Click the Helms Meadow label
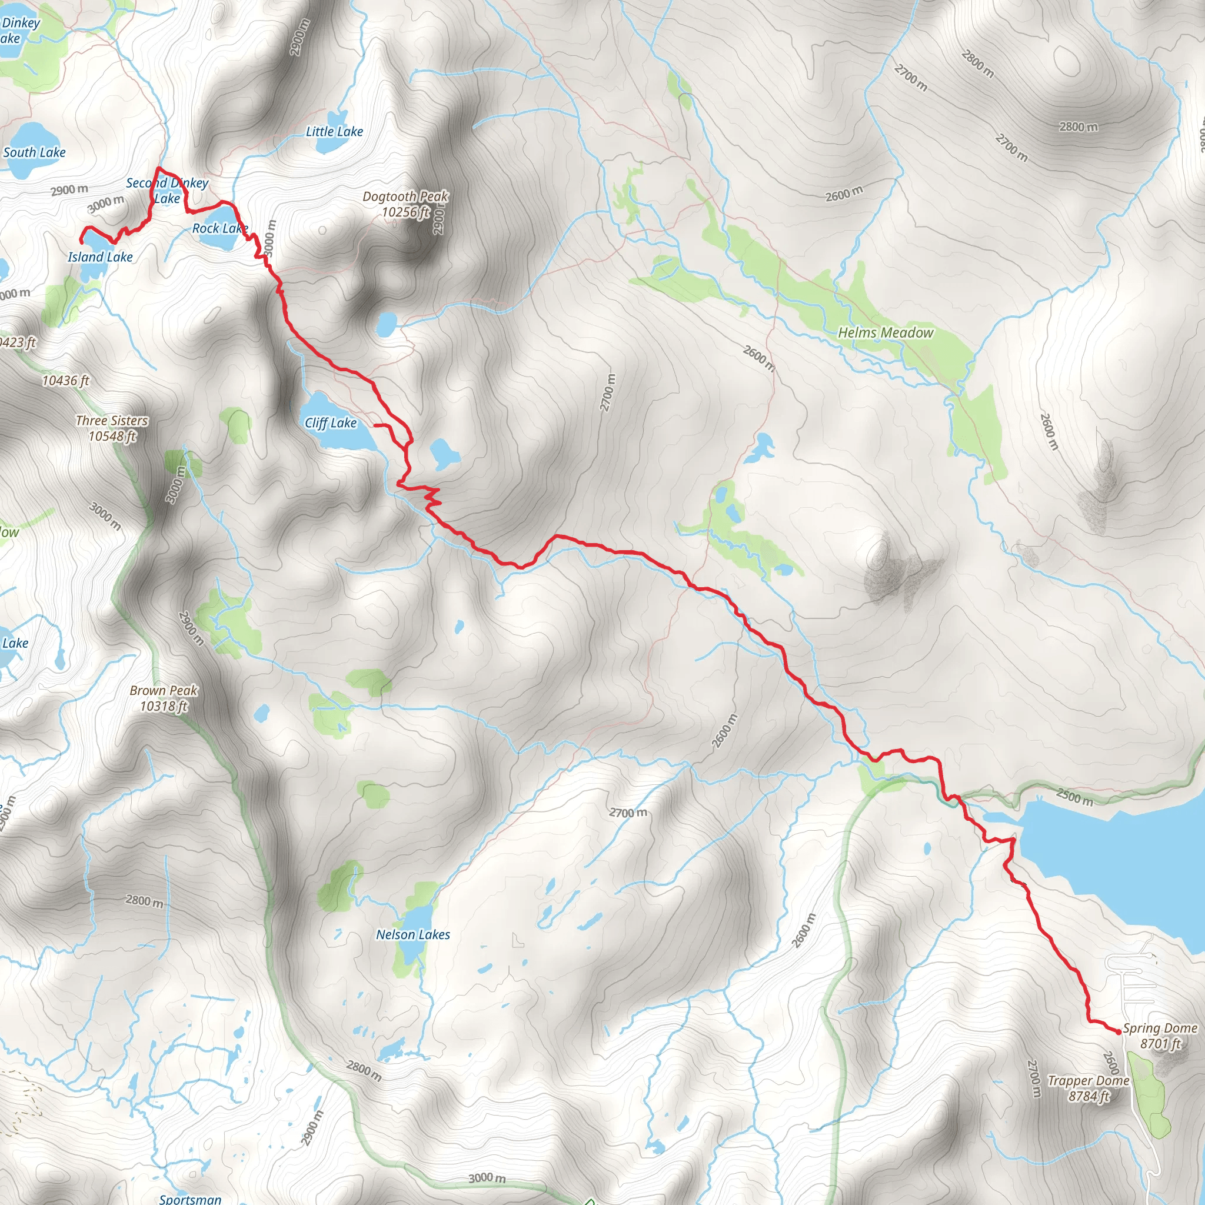(x=885, y=333)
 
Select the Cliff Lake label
(x=331, y=423)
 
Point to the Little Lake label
(x=334, y=132)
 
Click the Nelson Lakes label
(x=412, y=934)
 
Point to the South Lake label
(x=34, y=153)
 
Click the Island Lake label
(x=100, y=257)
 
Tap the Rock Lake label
(x=219, y=228)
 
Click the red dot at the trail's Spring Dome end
(x=1119, y=1031)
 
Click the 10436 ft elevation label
(x=65, y=381)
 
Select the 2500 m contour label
(x=1074, y=797)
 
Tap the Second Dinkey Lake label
(x=167, y=190)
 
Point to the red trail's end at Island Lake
(x=81, y=241)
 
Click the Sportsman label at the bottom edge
(x=190, y=1199)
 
